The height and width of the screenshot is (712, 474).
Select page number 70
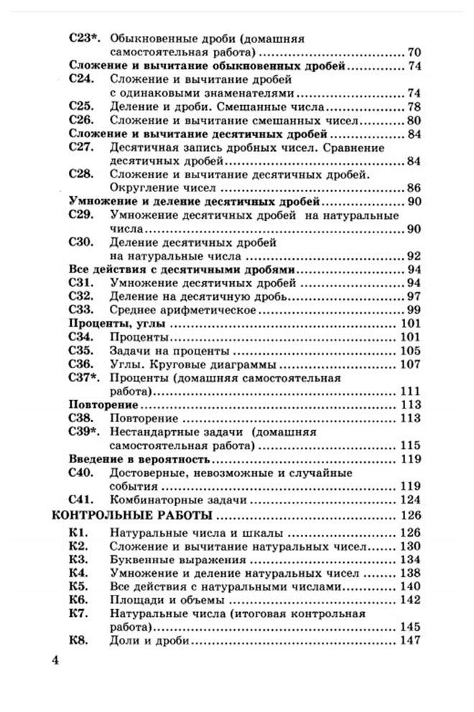412,53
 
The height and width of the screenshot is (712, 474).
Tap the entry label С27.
81,147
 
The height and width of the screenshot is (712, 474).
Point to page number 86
412,188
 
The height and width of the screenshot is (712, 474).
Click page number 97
412,296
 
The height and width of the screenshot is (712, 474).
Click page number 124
409,498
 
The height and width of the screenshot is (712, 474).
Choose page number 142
409,600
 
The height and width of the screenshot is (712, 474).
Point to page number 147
409,640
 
